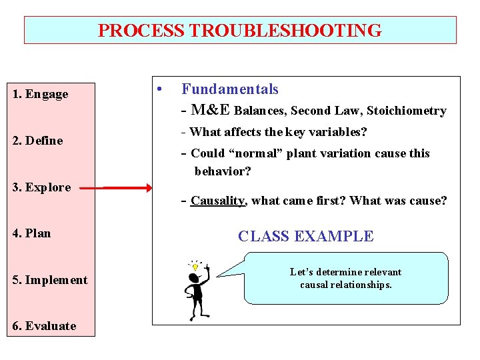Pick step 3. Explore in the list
[41, 187]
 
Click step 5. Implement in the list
[50, 280]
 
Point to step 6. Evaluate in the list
[44, 326]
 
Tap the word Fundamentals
[230, 89]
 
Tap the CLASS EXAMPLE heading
[306, 236]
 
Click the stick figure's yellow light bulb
[195, 267]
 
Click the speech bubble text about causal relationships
[345, 279]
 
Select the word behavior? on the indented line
[223, 171]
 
